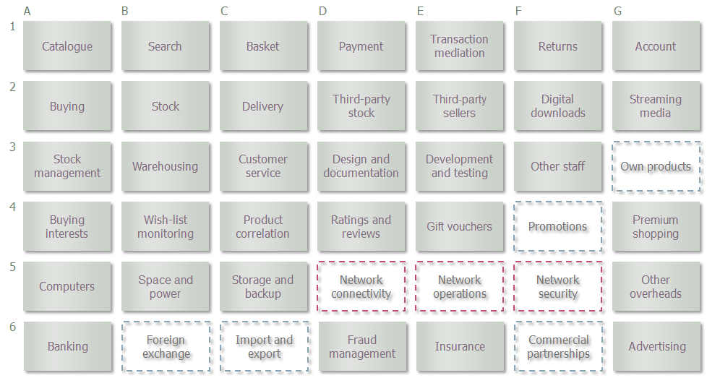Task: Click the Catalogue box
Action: click(x=67, y=46)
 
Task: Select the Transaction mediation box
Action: click(x=459, y=46)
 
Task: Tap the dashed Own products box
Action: click(x=656, y=166)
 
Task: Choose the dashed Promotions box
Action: click(x=558, y=226)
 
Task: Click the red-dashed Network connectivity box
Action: click(x=361, y=286)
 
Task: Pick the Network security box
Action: click(x=558, y=286)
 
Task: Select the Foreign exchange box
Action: click(x=166, y=346)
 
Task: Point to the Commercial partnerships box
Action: click(x=559, y=346)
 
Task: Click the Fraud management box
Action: click(x=362, y=346)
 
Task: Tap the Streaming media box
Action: click(x=656, y=106)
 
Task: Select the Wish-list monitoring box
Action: click(x=165, y=226)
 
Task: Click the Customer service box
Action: click(x=263, y=166)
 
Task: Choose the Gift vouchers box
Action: click(x=459, y=226)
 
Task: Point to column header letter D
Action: click(x=322, y=12)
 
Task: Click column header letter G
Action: click(x=618, y=12)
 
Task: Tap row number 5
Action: click(x=12, y=267)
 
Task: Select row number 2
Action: click(x=12, y=87)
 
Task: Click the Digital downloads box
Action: click(x=558, y=106)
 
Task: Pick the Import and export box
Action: click(x=265, y=346)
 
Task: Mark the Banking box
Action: click(x=68, y=346)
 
